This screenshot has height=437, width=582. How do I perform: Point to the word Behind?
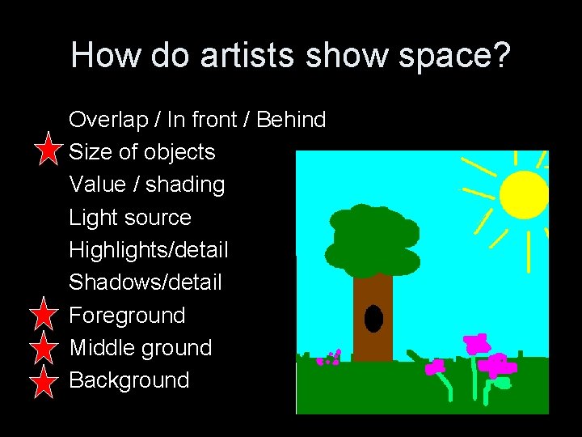coord(291,121)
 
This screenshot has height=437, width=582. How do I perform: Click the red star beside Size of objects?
coord(48,151)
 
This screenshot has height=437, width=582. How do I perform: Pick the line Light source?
coord(130,218)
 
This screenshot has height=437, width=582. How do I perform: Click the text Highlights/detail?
coord(149,250)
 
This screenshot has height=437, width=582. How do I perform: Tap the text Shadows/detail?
coord(145,282)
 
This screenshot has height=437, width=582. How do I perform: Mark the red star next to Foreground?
coord(48,315)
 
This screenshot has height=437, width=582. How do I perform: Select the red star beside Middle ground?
coord(48,348)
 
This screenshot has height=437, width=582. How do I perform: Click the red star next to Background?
coord(48,380)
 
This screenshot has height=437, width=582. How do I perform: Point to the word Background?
coord(129,380)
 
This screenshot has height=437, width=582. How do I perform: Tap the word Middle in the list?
coord(98,348)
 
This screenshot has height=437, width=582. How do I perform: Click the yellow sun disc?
coord(524,195)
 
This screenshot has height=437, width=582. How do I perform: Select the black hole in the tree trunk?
coord(373,319)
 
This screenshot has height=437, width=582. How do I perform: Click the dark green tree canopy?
coord(374,239)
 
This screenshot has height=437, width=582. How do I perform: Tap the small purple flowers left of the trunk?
coord(330,358)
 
